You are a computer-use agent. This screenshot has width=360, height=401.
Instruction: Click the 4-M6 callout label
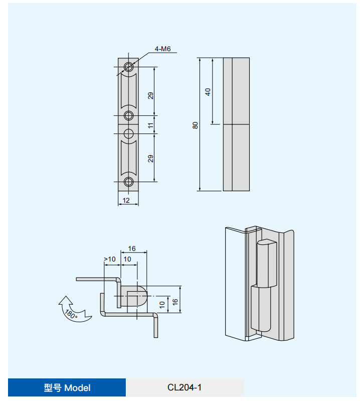click(162, 49)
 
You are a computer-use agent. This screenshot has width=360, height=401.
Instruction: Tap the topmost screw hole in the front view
click(129, 67)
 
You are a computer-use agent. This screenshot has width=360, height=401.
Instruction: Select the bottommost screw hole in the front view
click(129, 181)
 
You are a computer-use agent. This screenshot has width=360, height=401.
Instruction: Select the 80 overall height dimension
click(196, 124)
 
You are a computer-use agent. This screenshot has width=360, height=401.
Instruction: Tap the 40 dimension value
click(208, 91)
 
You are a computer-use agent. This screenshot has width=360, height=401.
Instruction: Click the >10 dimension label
click(110, 259)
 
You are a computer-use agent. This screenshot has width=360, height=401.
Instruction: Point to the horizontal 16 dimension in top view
click(132, 249)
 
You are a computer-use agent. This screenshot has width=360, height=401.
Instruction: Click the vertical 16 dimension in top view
click(175, 301)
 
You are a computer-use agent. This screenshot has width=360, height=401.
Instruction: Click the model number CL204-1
click(185, 387)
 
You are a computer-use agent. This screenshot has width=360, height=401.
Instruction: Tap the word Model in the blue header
click(77, 387)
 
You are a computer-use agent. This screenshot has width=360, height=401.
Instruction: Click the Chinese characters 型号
click(52, 387)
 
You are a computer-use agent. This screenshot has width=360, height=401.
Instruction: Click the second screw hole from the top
click(129, 115)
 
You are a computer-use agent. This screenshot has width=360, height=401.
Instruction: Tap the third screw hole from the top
click(129, 133)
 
